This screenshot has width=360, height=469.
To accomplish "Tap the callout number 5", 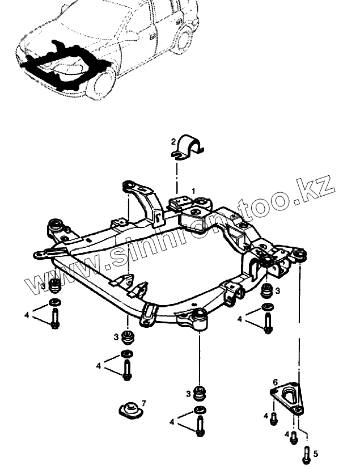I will pyautogui.click(x=316, y=453).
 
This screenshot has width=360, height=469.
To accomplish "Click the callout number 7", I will pyautogui.click(x=143, y=403).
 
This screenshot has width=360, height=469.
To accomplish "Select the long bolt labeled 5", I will pyautogui.click(x=306, y=453).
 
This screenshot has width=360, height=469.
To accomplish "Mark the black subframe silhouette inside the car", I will pyautogui.click(x=62, y=65).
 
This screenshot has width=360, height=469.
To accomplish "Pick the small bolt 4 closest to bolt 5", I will pyautogui.click(x=294, y=437).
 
